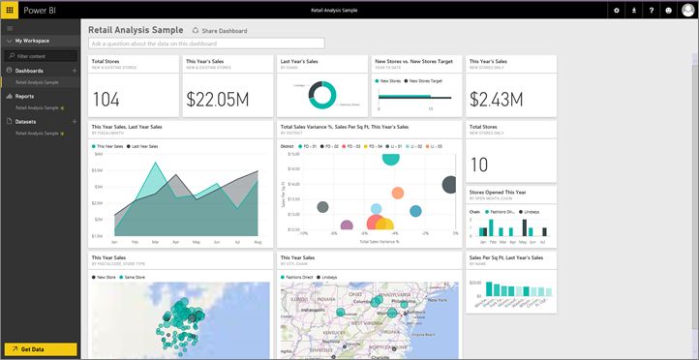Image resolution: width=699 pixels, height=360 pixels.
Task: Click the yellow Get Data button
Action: (40, 349)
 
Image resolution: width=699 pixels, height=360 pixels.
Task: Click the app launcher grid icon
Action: (10, 10)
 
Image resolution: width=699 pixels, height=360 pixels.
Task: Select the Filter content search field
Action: (44, 56)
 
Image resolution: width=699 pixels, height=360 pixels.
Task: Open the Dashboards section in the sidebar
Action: (29, 71)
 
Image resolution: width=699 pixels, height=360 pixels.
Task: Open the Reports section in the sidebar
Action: (26, 97)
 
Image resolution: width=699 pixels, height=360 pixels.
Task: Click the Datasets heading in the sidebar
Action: (27, 121)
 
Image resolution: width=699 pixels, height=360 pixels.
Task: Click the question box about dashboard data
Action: (206, 44)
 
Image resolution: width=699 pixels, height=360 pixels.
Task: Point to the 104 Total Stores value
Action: (106, 99)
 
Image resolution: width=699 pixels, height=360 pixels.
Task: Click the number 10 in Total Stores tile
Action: (478, 165)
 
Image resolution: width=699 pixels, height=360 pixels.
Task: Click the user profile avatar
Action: (688, 10)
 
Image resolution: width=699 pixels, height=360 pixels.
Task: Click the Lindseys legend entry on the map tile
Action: (339, 277)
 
